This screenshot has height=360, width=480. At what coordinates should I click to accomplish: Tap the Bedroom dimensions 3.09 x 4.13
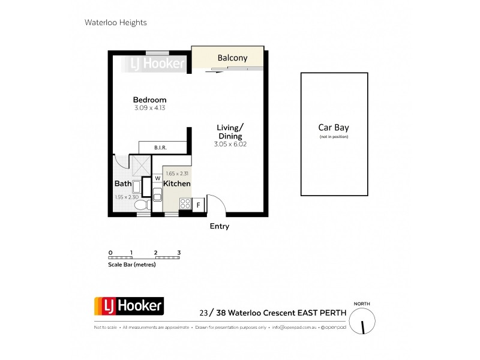(x=149, y=108)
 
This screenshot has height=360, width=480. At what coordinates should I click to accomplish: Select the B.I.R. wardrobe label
(x=160, y=147)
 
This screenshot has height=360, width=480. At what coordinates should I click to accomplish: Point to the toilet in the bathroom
(x=142, y=205)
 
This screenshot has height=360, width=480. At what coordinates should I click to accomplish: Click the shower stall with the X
(x=142, y=165)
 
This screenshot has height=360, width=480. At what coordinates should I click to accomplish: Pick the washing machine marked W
(x=157, y=178)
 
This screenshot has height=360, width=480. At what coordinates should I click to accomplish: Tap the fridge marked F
(x=198, y=205)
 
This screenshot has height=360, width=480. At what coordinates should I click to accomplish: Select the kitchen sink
(x=157, y=194)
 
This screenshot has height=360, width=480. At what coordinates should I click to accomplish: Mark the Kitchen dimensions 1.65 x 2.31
(x=177, y=173)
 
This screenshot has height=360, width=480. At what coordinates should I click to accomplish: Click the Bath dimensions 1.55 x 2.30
(x=127, y=197)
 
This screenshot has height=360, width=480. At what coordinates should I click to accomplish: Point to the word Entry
(x=219, y=227)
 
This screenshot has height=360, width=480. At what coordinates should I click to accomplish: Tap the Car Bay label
(x=334, y=128)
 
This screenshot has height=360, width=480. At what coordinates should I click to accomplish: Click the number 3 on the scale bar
(x=179, y=253)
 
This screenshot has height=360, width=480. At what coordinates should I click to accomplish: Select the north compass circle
(x=362, y=323)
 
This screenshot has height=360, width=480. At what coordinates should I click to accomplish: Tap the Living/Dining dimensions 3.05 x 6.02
(x=230, y=145)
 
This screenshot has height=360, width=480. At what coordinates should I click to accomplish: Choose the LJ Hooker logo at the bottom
(x=128, y=307)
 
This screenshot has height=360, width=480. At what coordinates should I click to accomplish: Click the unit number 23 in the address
(x=204, y=313)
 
